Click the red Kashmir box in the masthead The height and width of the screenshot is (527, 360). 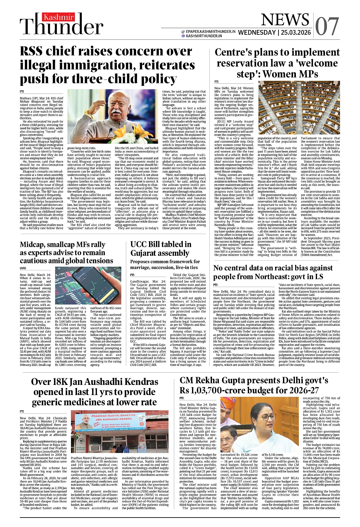pos(59,17)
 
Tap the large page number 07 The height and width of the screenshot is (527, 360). pos(327,27)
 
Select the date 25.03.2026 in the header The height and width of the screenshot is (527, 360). pos(296,33)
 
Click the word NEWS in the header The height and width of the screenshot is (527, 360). pos(285,20)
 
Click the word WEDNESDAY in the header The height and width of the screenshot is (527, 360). pos(257,33)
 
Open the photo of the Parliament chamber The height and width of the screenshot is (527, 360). pos(299,108)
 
